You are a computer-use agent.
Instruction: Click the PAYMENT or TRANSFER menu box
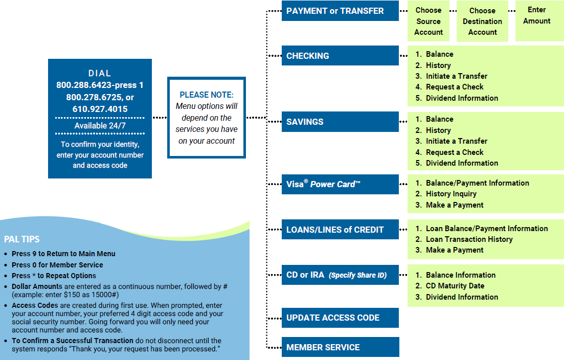[340, 11]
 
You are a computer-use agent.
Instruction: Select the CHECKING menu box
[340, 56]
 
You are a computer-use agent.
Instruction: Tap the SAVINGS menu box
[340, 122]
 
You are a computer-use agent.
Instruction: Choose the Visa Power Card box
[340, 184]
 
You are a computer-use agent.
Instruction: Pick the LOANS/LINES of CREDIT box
[340, 230]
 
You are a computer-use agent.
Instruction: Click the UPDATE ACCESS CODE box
[340, 318]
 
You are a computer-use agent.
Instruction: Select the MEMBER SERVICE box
[340, 347]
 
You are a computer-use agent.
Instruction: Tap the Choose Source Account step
[428, 21]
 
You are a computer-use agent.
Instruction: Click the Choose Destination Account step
[482, 21]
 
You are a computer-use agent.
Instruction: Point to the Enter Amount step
[536, 15]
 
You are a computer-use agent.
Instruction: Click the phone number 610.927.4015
[100, 109]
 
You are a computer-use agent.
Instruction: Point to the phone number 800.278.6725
[95, 97]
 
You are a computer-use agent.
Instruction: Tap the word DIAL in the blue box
[100, 73]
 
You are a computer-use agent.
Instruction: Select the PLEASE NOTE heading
[207, 95]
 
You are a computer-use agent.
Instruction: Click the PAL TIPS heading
[21, 239]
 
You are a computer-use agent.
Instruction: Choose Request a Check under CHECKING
[455, 87]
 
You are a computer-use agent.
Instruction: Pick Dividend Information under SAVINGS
[462, 163]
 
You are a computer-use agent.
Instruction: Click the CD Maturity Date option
[455, 286]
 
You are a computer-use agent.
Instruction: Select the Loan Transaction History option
[469, 239]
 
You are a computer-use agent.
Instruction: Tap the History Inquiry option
[451, 194]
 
